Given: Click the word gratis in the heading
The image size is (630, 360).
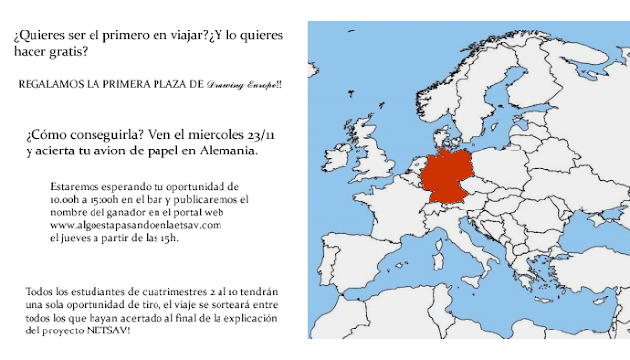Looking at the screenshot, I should pos(88,51).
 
